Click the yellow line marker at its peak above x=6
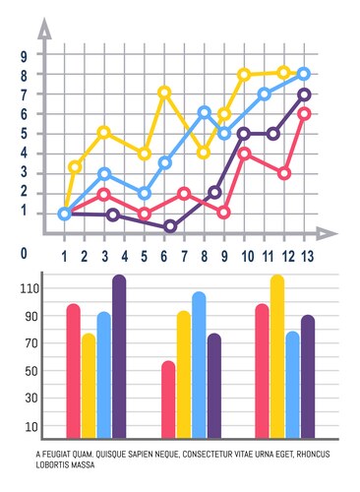pos(164,92)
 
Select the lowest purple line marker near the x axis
pos(170,226)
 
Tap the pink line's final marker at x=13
pos(305,113)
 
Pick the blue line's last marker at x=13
pos(304,74)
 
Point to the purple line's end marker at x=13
pos(305,94)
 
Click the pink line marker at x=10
pos(245,154)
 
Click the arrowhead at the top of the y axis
pos(43,30)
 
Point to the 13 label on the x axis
pos(307,257)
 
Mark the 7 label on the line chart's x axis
pos(184,257)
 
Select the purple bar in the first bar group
pos(119,356)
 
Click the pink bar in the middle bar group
pos(168,399)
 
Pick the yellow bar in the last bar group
pos(276,356)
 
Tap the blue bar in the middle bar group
pos(199,364)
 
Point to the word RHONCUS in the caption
pos(308,454)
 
